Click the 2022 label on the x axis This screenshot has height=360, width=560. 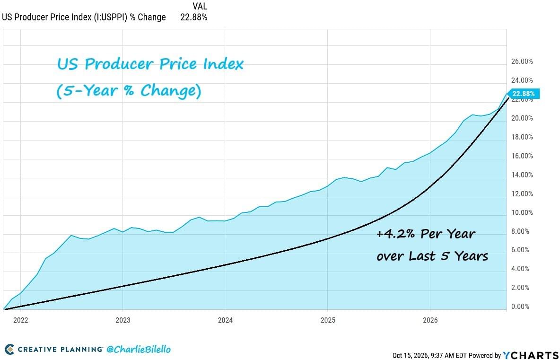coord(20,320)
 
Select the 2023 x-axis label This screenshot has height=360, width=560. coord(123,320)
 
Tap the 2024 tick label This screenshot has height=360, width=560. coord(225,320)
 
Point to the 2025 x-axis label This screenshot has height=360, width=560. coord(328,320)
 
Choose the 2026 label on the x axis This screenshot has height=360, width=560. coord(430,320)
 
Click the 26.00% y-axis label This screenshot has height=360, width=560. coord(522,61)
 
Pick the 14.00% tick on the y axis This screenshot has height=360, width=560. coord(522,175)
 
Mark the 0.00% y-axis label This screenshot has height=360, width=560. coord(520,307)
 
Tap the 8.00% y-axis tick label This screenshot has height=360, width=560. coord(520,231)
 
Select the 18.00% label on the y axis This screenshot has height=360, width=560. coord(522,137)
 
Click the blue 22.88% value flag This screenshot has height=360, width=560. coord(523,94)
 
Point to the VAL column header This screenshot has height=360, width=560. coord(200,6)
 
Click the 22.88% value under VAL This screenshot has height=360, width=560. coord(194,17)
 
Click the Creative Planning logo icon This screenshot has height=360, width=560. coord(9,349)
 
